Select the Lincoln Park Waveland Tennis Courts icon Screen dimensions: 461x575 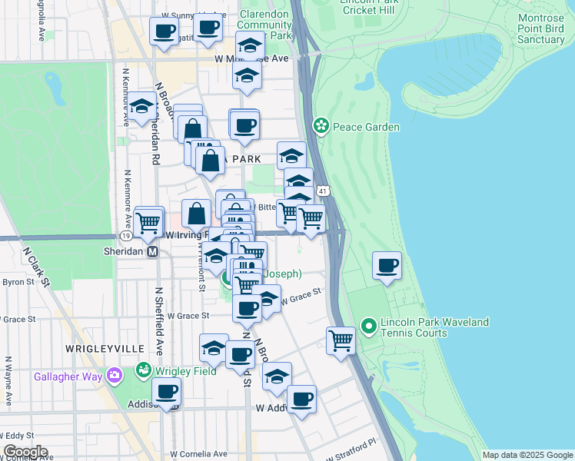(x=368, y=327)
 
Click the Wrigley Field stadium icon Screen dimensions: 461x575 (x=143, y=371)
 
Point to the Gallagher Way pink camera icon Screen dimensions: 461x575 (x=115, y=376)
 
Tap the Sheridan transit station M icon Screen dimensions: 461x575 (x=152, y=251)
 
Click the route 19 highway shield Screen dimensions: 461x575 (x=125, y=235)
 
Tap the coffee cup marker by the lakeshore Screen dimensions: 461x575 (x=387, y=267)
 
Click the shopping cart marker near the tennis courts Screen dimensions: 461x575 (x=340, y=340)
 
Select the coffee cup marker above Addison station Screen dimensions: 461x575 (x=166, y=391)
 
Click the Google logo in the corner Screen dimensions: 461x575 (x=25, y=452)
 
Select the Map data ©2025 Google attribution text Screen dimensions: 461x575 (x=527, y=455)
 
